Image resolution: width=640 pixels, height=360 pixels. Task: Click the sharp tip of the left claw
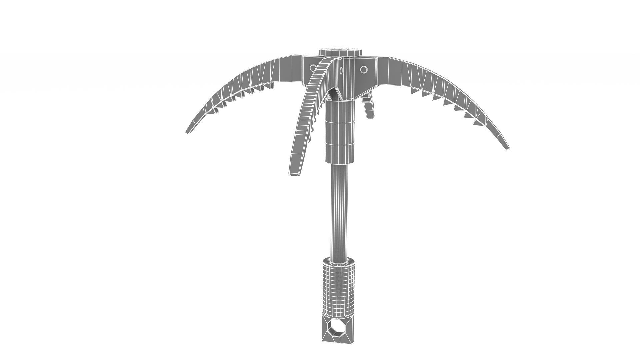pyautogui.click(x=186, y=132)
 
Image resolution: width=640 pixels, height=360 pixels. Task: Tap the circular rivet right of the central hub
pyautogui.click(x=364, y=69)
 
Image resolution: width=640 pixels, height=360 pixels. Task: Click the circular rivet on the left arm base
pyautogui.click(x=80, y=68)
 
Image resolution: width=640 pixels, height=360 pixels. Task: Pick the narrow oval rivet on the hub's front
pyautogui.click(x=341, y=70)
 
